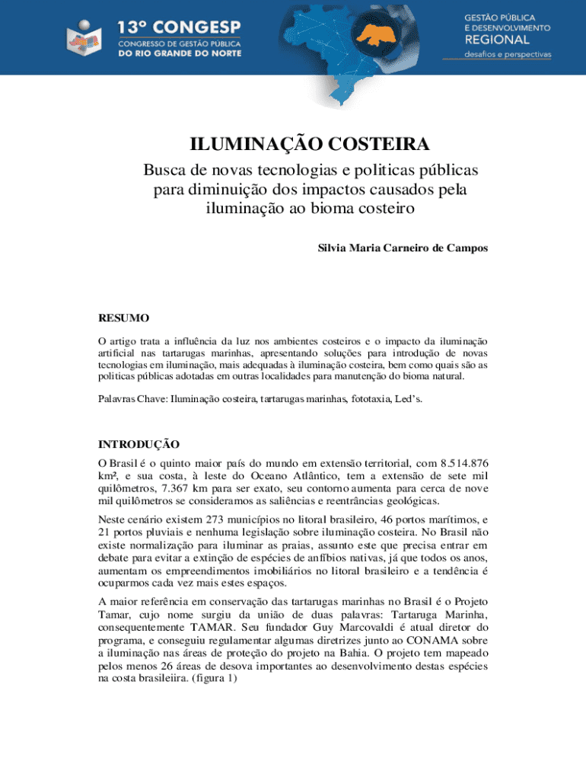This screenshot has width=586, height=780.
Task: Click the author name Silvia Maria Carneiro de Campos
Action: coord(403,248)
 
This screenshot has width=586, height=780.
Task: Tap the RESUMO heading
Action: coord(124,318)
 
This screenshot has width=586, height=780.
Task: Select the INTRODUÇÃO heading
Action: coord(139,444)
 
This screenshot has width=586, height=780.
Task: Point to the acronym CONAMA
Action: coord(430,641)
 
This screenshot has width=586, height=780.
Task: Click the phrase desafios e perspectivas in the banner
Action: coord(508,55)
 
